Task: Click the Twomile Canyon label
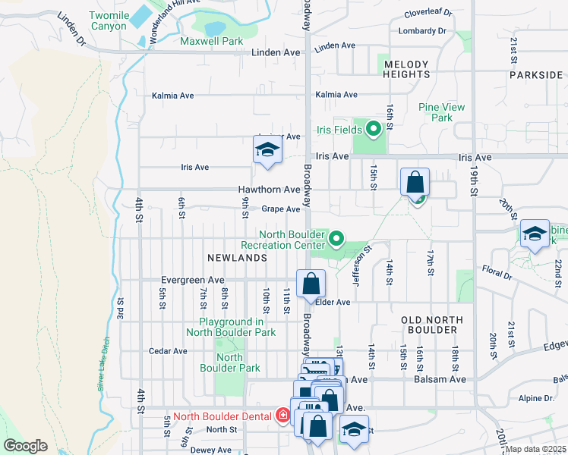(x=108, y=20)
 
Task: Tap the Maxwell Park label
(x=210, y=40)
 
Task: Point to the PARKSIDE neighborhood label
(x=536, y=75)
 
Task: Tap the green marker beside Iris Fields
(x=373, y=129)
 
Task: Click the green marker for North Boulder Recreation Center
(x=336, y=240)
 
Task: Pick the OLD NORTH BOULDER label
(x=430, y=325)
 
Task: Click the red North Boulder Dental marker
(x=282, y=416)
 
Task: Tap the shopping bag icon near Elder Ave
(x=311, y=284)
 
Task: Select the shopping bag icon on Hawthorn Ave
(x=415, y=183)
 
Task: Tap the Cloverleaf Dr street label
(x=428, y=13)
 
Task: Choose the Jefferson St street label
(x=360, y=263)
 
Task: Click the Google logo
(x=25, y=446)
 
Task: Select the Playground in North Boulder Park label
(x=231, y=327)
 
